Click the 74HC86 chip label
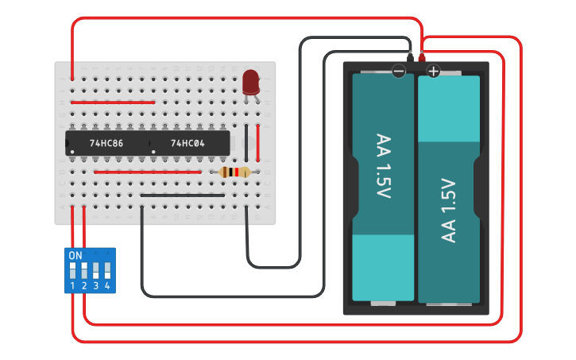tap(106, 144)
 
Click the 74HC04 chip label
tap(188, 144)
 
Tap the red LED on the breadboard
tap(251, 82)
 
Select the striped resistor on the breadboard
tap(234, 172)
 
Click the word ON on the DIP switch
tap(75, 256)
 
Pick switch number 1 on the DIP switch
tap(73, 271)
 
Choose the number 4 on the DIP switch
tap(106, 285)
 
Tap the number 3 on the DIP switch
tap(95, 285)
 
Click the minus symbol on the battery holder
tap(399, 72)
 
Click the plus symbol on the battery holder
tap(433, 72)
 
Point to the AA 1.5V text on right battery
tap(449, 211)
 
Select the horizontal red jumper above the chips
tap(113, 102)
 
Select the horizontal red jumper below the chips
tap(148, 172)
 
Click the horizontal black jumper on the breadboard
tap(183, 195)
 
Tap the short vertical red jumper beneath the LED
tap(258, 141)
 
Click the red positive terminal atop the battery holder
tap(421, 58)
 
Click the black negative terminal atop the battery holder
tap(409, 58)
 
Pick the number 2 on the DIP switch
tap(84, 285)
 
